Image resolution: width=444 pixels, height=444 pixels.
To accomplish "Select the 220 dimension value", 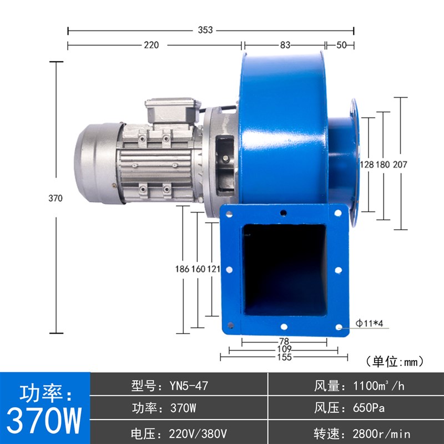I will (x=152, y=46).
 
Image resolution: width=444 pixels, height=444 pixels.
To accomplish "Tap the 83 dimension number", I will (x=285, y=46).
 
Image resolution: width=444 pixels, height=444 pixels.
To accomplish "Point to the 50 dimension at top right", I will (x=340, y=46).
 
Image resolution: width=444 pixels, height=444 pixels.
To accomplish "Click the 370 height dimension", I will (x=56, y=198).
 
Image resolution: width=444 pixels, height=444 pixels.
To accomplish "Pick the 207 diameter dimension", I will (x=401, y=165).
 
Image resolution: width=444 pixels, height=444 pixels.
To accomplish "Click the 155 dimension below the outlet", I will (x=284, y=358).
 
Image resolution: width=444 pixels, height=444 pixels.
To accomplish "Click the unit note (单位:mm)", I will (x=395, y=362).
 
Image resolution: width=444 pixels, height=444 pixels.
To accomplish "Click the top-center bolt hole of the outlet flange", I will (x=284, y=213).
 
